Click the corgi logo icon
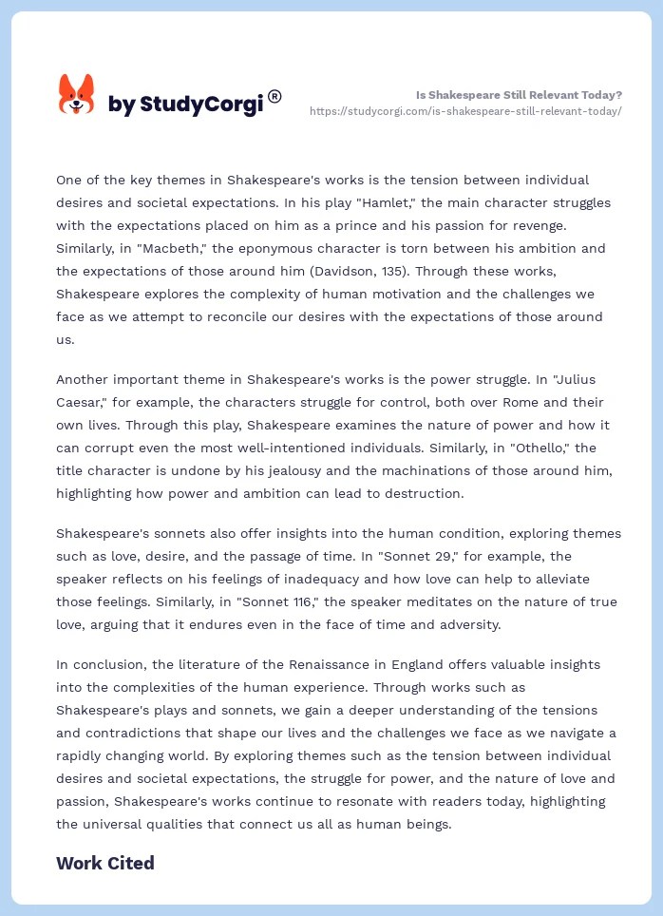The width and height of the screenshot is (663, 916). pyautogui.click(x=76, y=94)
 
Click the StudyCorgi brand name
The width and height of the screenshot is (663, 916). pyautogui.click(x=186, y=105)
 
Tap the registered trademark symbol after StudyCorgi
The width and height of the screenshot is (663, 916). pyautogui.click(x=275, y=96)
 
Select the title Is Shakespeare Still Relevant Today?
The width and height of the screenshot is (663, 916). pyautogui.click(x=519, y=95)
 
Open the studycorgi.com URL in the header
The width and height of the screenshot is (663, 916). pyautogui.click(x=465, y=111)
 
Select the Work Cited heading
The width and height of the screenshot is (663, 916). pyautogui.click(x=104, y=863)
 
